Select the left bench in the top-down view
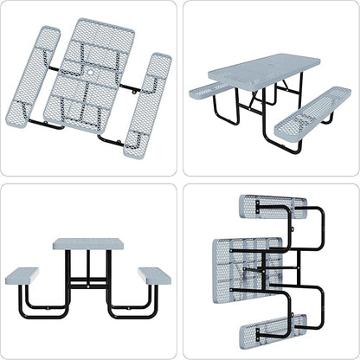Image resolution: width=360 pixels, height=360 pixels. (x=34, y=76)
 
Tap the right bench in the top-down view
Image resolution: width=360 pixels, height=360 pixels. (x=147, y=104)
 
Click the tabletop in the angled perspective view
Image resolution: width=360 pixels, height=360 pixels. (x=263, y=69)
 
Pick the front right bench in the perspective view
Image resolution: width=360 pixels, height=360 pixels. (x=312, y=112)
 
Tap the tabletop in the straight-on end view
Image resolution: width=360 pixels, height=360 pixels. (x=87, y=244)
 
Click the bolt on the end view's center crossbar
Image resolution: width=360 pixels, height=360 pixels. (x=87, y=282)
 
